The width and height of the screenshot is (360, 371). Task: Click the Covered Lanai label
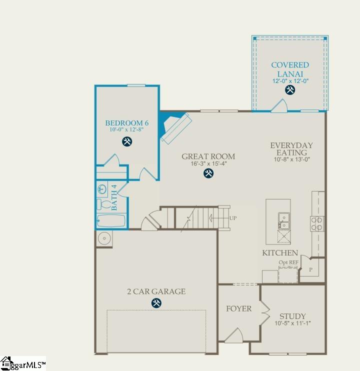pos(290,69)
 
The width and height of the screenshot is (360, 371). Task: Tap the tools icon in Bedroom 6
pos(127,141)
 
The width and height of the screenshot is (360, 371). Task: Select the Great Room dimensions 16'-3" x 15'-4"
pos(208,163)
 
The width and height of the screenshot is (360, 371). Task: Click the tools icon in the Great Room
pos(208,173)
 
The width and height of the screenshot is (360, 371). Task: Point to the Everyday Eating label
pos(291,149)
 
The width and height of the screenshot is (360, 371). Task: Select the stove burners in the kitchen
pos(317,223)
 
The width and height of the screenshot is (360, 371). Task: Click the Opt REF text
pos(288,262)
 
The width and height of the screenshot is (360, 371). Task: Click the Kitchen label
pos(280,253)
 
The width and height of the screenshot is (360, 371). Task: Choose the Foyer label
pos(239,308)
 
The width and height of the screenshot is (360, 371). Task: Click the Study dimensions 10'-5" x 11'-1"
pos(292,323)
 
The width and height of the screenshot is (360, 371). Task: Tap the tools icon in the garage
pos(156,303)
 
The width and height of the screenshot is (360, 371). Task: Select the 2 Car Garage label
pos(156,291)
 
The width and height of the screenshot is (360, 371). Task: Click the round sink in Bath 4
pos(102,189)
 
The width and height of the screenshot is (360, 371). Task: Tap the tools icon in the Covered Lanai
pos(290,90)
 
